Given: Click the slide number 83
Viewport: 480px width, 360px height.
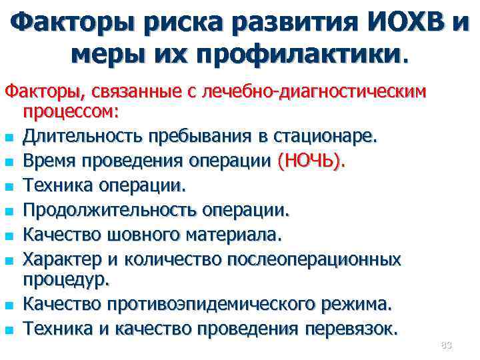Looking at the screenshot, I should (x=446, y=345).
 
